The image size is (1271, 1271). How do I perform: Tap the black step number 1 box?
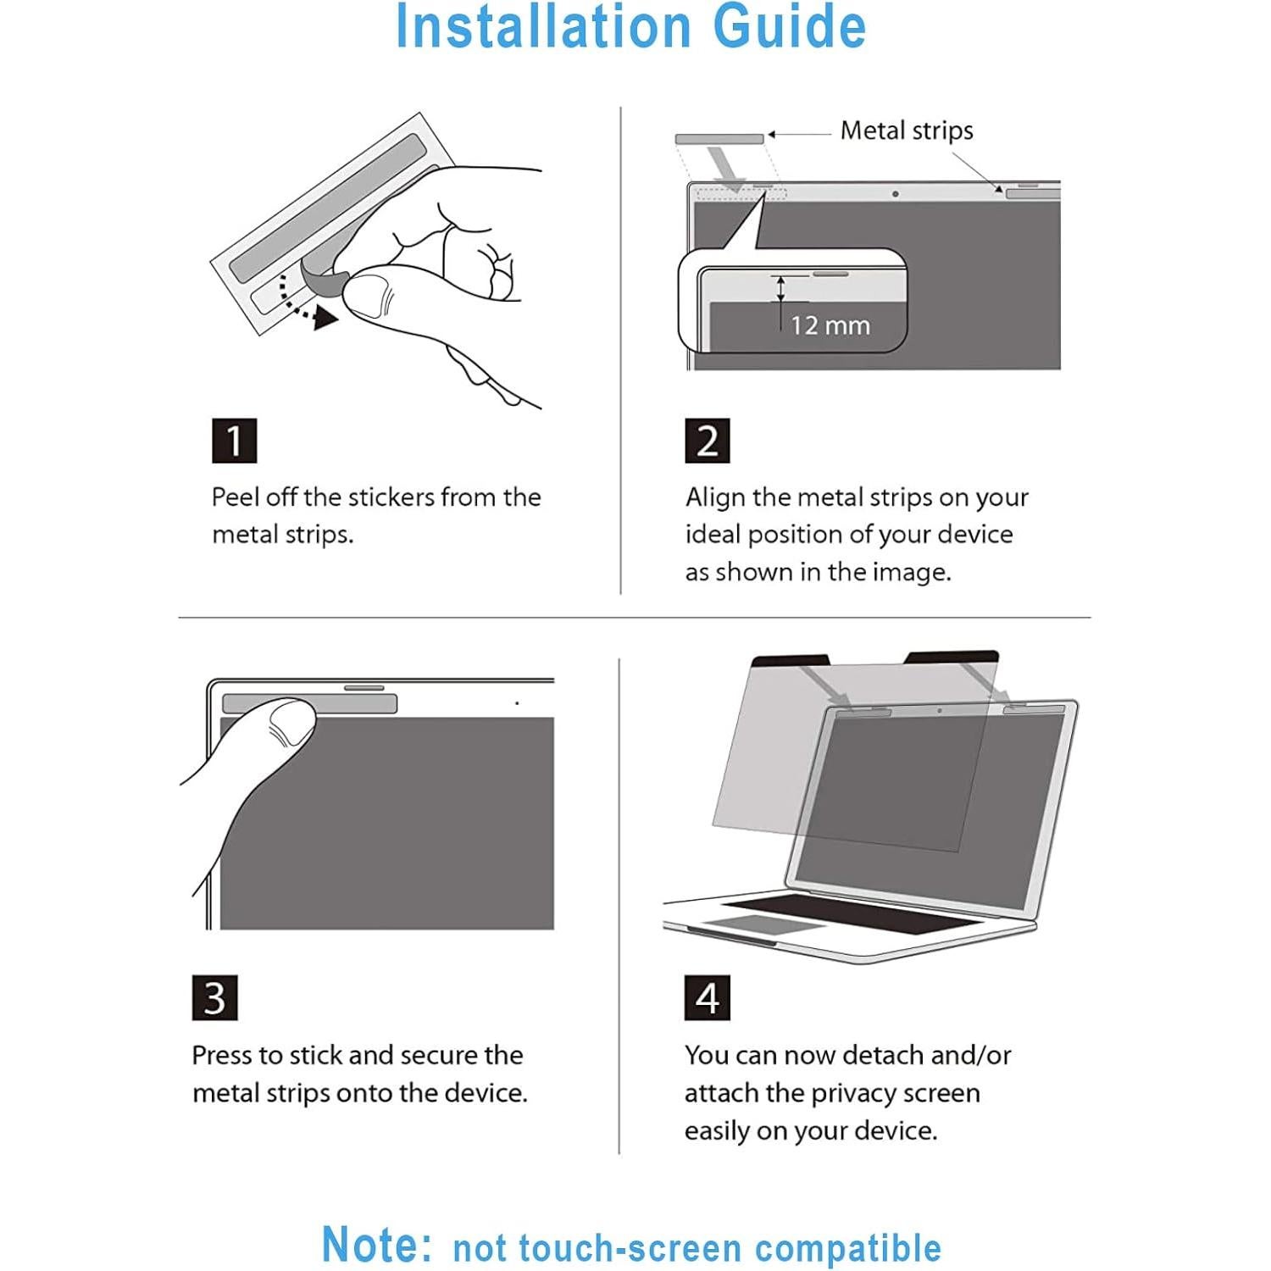[x=234, y=441]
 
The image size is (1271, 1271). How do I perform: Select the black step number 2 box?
[x=707, y=441]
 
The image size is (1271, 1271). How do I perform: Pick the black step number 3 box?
[x=214, y=998]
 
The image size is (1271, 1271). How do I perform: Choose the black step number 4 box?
[x=707, y=998]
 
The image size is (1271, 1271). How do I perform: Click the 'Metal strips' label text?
[x=907, y=130]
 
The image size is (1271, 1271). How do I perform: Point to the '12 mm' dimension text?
[x=830, y=325]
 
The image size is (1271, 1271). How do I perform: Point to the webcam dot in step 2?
[x=896, y=194]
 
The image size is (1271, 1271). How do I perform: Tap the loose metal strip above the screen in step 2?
[x=719, y=138]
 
